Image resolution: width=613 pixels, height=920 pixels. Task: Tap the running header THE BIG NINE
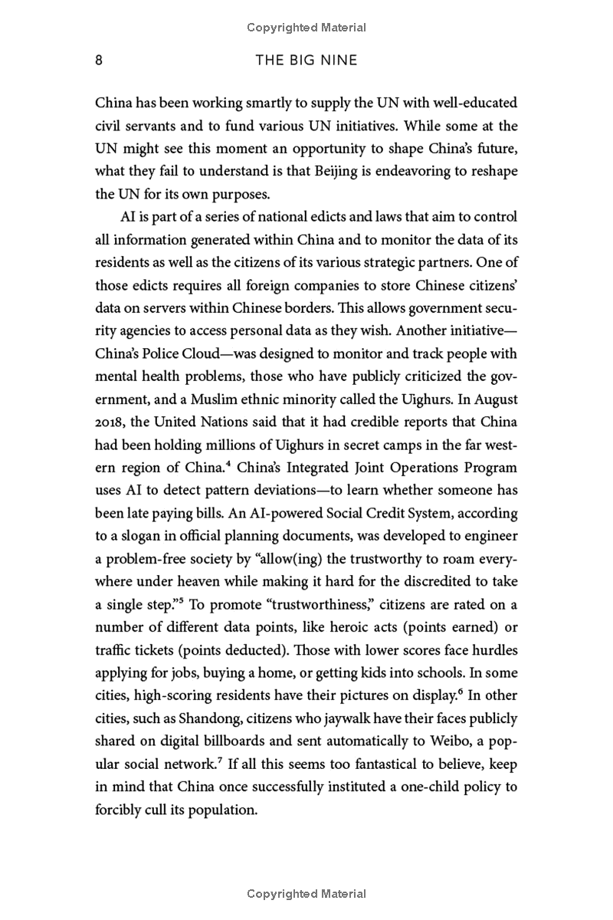306,60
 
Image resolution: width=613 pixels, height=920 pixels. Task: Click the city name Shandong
202,718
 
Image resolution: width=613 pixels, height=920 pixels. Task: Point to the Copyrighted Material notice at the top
306,28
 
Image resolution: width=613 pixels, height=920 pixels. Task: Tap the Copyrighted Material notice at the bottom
306,893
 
